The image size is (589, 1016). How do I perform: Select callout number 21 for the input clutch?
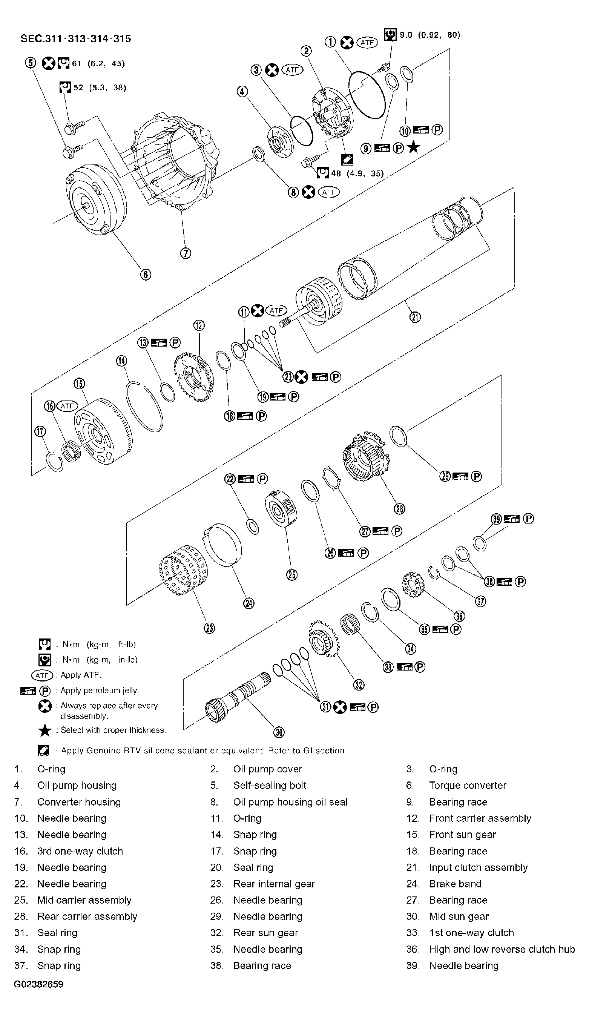(x=415, y=317)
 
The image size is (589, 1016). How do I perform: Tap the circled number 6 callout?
(x=146, y=275)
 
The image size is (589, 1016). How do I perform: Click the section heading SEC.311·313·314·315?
(x=76, y=39)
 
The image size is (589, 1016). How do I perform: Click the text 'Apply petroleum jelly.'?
(x=99, y=690)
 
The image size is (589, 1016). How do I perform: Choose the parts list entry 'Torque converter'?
(x=467, y=786)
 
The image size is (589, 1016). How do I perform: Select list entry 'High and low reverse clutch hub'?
(x=502, y=949)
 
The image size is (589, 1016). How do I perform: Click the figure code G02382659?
(x=38, y=984)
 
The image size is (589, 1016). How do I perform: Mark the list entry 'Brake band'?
(x=455, y=884)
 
